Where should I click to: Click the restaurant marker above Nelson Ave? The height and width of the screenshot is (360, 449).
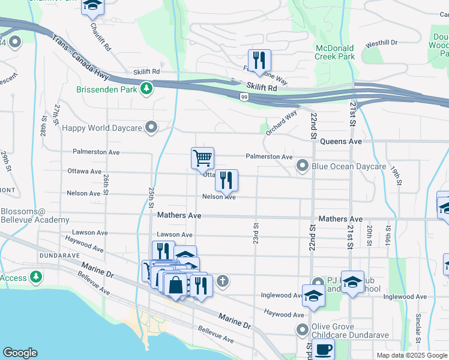[226, 181]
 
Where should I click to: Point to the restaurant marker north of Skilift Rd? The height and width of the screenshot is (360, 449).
[259, 61]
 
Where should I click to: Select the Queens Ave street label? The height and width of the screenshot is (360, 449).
[341, 141]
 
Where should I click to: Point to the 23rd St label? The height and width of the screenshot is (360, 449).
[256, 233]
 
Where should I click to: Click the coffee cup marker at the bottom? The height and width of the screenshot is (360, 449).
[323, 349]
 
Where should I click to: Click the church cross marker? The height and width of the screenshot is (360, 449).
[222, 280]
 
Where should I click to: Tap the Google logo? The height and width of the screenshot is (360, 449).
[20, 352]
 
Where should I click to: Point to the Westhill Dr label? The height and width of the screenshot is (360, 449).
[382, 43]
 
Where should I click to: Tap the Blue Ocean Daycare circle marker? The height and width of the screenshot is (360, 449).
[303, 165]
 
